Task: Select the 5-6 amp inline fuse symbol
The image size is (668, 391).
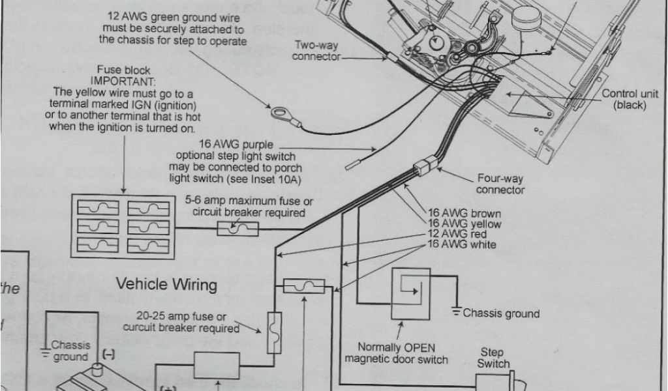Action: coord(237,228)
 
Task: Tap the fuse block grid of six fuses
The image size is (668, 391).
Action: coord(123,225)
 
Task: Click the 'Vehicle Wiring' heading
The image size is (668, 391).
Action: coord(166,284)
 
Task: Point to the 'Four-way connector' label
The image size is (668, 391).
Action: coord(500,184)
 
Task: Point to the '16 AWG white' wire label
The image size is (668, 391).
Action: coord(464,244)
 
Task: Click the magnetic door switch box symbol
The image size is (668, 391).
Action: coord(410,294)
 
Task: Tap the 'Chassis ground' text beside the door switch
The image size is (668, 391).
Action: coord(501,313)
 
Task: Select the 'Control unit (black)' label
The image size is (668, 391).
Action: coord(630,99)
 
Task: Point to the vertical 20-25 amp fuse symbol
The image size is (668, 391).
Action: coord(274,332)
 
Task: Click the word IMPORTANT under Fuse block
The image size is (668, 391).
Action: coord(123,81)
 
